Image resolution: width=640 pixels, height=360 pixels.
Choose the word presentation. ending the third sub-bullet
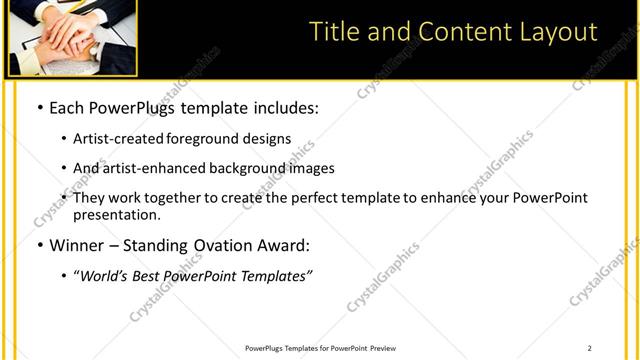click(x=117, y=214)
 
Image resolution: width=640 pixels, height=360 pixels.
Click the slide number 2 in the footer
click(x=589, y=348)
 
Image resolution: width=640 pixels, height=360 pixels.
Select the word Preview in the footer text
click(x=383, y=348)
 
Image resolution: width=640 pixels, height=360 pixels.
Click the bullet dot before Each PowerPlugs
click(x=39, y=107)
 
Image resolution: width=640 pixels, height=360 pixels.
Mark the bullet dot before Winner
click(x=39, y=246)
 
